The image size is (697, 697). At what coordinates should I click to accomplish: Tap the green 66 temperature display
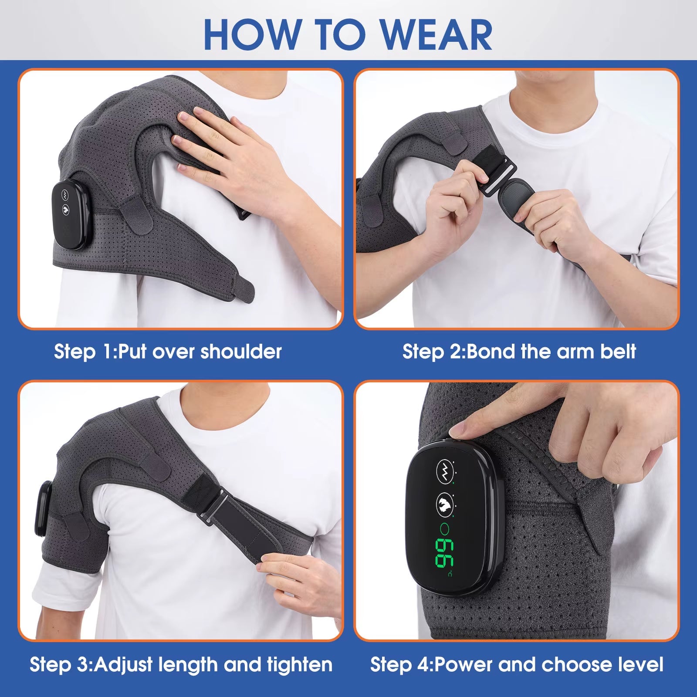[442, 553]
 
